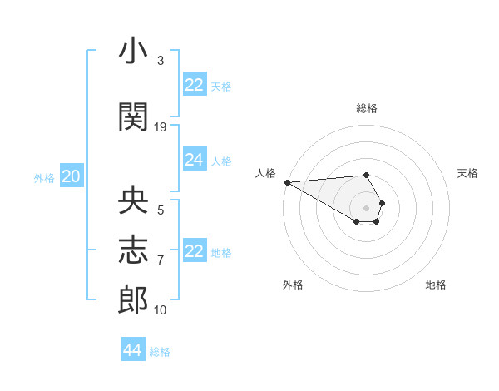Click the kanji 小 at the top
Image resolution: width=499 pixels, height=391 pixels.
point(133,52)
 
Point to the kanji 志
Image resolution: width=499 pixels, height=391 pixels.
point(133,250)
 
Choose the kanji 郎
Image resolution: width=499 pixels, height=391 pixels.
point(133,299)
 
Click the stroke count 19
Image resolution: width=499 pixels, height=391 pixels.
point(161,126)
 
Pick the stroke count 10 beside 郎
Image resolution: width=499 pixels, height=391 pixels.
point(161,310)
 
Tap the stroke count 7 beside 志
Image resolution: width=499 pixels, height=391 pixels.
point(161,260)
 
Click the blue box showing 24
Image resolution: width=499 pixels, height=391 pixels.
point(195,161)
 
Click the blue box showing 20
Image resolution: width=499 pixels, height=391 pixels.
point(72,176)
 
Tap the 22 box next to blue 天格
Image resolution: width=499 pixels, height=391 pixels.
point(195,85)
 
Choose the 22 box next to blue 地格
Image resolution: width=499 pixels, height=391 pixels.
point(195,252)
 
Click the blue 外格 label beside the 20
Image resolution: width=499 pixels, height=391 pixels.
point(44,177)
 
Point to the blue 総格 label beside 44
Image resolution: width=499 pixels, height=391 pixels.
point(160,352)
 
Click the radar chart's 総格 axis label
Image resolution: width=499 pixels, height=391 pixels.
point(367,108)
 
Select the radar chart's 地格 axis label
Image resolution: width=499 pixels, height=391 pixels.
point(436,285)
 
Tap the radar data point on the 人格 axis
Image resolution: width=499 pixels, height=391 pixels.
point(287,182)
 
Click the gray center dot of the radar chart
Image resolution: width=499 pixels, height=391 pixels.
point(366,207)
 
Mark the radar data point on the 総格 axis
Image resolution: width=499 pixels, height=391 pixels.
point(366,175)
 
